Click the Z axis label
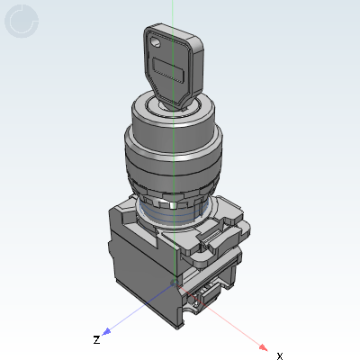[96, 340]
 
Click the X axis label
[279, 355]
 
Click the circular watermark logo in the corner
[22, 22]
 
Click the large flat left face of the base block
[135, 270]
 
